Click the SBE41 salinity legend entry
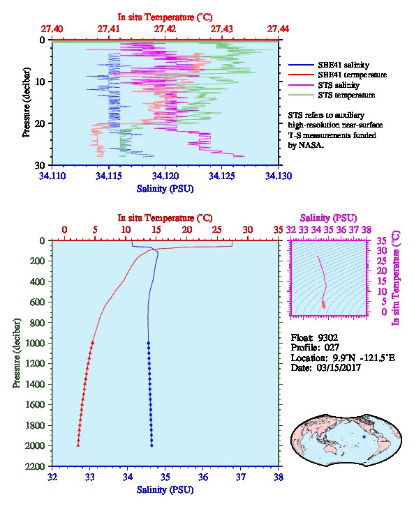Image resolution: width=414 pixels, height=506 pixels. (329, 65)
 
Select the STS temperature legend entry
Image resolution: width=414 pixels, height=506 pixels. (332, 95)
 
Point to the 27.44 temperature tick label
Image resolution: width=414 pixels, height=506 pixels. (278, 29)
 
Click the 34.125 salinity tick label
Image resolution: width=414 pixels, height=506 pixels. (221, 176)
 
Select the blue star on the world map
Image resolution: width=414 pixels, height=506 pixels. (364, 436)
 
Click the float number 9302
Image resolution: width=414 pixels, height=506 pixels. (327, 338)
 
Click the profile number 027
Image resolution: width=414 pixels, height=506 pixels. (332, 348)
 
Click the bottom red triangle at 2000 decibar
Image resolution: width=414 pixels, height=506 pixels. (78, 445)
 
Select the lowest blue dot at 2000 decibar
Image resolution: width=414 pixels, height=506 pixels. (152, 445)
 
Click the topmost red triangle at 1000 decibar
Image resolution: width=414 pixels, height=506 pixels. (92, 343)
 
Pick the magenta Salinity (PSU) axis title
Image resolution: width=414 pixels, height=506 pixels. (328, 218)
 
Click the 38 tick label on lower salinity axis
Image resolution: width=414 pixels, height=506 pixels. (279, 477)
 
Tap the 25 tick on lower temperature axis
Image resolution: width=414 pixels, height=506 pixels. (217, 230)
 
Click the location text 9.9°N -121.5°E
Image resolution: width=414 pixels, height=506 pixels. (364, 358)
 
